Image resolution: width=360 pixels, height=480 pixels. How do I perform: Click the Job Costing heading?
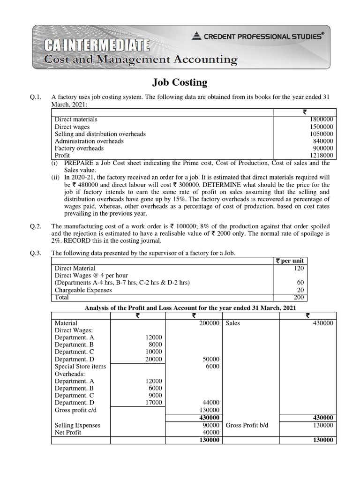[x=180, y=82]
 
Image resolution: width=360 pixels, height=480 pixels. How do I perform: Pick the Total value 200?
[x=299, y=297]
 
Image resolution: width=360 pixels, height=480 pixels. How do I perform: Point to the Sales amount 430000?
[x=323, y=323]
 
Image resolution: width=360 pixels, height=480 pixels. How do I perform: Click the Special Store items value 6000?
[x=213, y=366]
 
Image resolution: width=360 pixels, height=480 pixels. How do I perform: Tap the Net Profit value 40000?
[x=211, y=432]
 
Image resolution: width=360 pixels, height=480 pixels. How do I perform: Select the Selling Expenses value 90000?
[x=211, y=425]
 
